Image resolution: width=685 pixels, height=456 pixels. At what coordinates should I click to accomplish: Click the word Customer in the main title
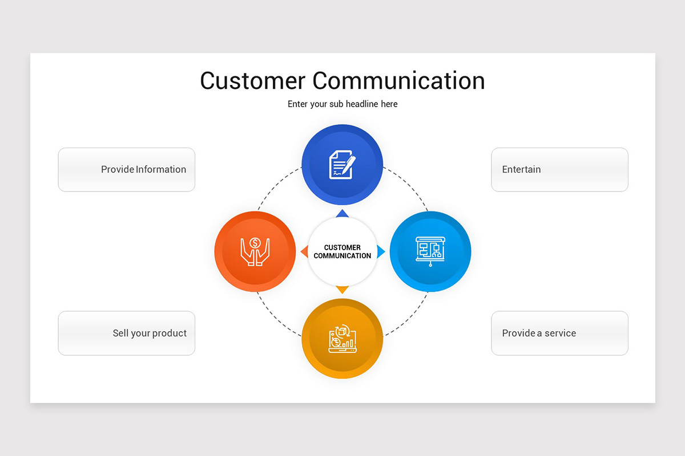pyautogui.click(x=252, y=80)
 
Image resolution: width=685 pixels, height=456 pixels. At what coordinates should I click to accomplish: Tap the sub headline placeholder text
pyautogui.click(x=342, y=104)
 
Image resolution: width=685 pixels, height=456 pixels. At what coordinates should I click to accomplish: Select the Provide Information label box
pyautogui.click(x=127, y=169)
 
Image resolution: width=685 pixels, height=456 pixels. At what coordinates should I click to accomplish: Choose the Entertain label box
pyautogui.click(x=559, y=169)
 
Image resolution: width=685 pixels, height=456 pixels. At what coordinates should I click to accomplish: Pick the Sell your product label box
pyautogui.click(x=127, y=333)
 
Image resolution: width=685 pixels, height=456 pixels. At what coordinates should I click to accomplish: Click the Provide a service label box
pyautogui.click(x=559, y=333)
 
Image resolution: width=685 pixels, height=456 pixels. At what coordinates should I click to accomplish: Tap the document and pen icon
pyautogui.click(x=342, y=165)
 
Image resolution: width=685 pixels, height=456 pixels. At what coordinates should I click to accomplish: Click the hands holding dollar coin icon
pyautogui.click(x=255, y=251)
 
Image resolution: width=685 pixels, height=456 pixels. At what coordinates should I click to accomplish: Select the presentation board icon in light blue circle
pyautogui.click(x=430, y=251)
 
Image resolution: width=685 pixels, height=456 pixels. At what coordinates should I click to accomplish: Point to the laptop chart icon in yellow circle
pyautogui.click(x=342, y=339)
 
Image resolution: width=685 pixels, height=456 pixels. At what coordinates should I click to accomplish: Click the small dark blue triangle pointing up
pyautogui.click(x=342, y=214)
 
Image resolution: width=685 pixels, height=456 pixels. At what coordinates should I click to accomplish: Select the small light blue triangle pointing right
pyautogui.click(x=381, y=251)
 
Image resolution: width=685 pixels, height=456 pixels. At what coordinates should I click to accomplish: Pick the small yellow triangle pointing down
pyautogui.click(x=342, y=290)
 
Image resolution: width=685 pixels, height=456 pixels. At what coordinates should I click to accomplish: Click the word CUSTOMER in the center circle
pyautogui.click(x=342, y=247)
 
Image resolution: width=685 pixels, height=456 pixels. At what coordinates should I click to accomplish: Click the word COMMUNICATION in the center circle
pyautogui.click(x=342, y=256)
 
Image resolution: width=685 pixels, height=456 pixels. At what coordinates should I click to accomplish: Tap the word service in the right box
pyautogui.click(x=561, y=333)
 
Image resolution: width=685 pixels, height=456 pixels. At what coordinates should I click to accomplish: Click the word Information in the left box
pyautogui.click(x=161, y=169)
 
